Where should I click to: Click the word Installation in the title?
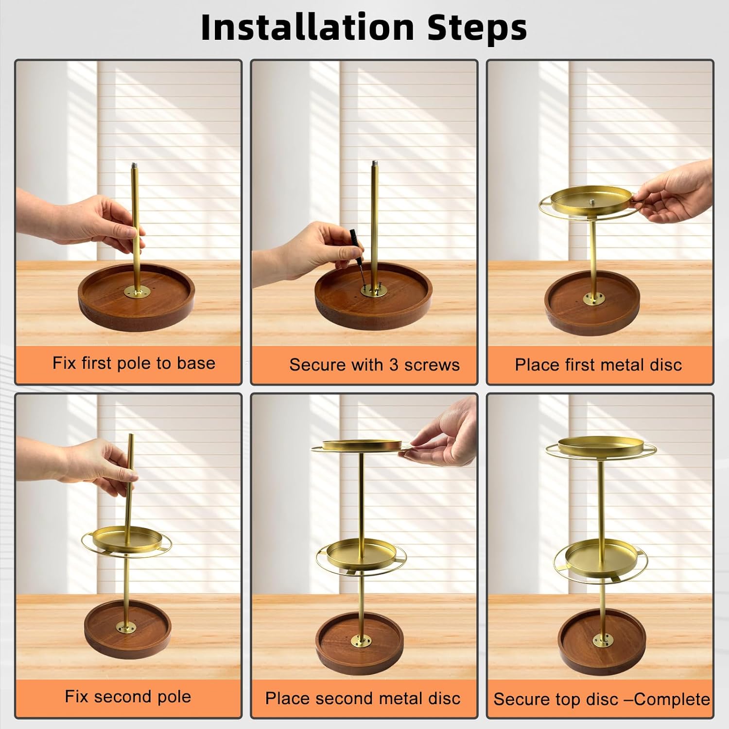pos(308,27)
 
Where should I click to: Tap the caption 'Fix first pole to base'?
pos(134,363)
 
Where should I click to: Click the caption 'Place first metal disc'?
pos(598,364)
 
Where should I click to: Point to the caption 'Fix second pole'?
pos(128,697)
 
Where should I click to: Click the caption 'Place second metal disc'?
pos(363,698)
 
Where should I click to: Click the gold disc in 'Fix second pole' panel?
pos(126,541)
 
